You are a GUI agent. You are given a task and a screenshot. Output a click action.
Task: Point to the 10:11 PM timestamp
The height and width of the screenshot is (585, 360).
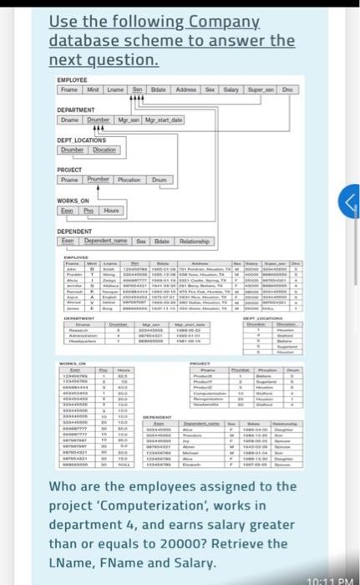click(331, 578)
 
